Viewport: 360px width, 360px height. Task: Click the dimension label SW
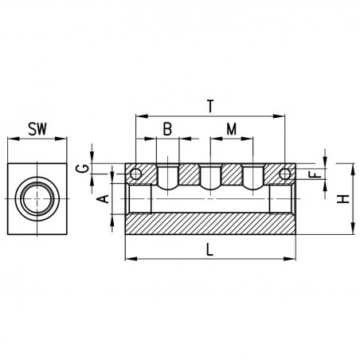(x=37, y=129)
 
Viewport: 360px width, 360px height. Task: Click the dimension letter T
(x=210, y=106)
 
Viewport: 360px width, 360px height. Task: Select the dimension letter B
(x=167, y=129)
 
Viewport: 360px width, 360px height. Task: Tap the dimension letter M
(x=232, y=129)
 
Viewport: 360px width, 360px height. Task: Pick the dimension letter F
(x=316, y=174)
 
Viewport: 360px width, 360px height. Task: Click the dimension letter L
(x=209, y=250)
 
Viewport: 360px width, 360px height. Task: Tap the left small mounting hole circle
(x=135, y=174)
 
